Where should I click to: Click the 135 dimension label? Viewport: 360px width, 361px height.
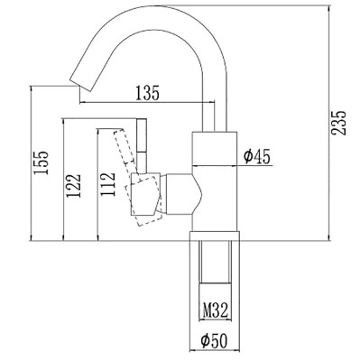147,93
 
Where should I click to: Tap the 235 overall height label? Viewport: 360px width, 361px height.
339,123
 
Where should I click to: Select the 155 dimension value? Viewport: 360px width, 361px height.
42,162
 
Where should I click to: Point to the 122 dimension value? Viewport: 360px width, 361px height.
74,185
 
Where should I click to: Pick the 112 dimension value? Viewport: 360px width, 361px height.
108,184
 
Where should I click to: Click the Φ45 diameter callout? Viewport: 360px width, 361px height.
257,157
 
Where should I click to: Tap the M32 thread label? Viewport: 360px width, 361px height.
216,310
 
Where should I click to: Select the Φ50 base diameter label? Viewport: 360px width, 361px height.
215,341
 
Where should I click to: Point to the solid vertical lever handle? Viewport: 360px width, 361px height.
142,146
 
